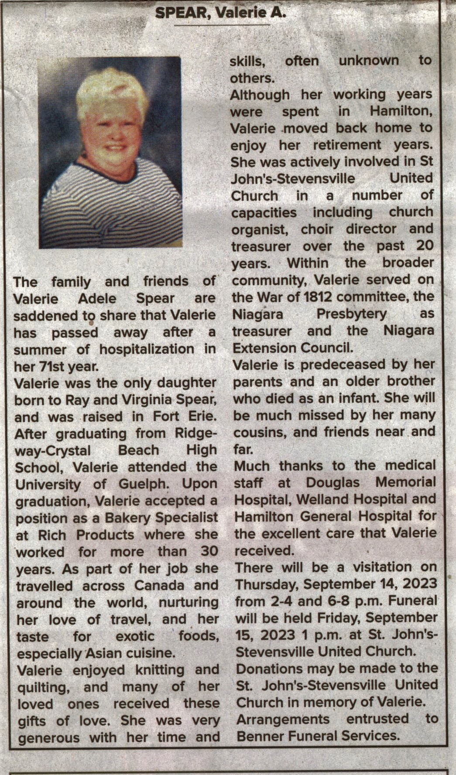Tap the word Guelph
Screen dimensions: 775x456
tap(143, 484)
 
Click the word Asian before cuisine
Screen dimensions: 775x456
tap(102, 653)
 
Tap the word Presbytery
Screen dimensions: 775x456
tap(351, 314)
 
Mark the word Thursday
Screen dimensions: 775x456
tap(266, 584)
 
